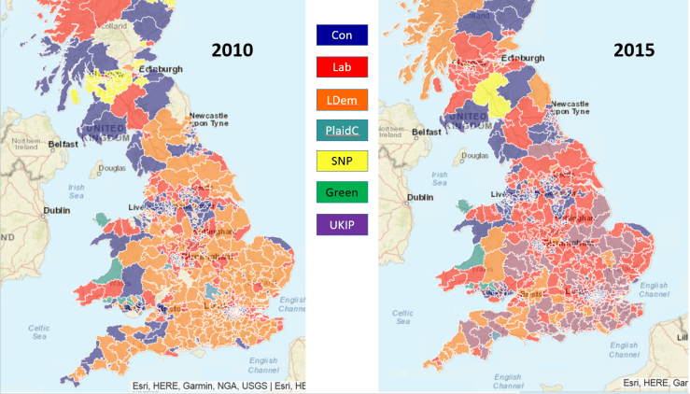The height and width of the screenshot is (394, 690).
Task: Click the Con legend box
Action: click(x=342, y=35)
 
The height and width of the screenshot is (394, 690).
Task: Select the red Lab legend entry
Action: click(x=342, y=67)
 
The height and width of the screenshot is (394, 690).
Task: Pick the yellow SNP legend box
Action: click(x=342, y=162)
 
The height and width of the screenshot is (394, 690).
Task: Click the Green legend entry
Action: click(x=342, y=192)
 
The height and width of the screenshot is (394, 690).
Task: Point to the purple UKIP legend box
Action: click(x=342, y=224)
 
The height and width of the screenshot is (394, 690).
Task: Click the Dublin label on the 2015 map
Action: click(x=421, y=197)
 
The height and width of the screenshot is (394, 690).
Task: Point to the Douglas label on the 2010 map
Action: click(x=112, y=169)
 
